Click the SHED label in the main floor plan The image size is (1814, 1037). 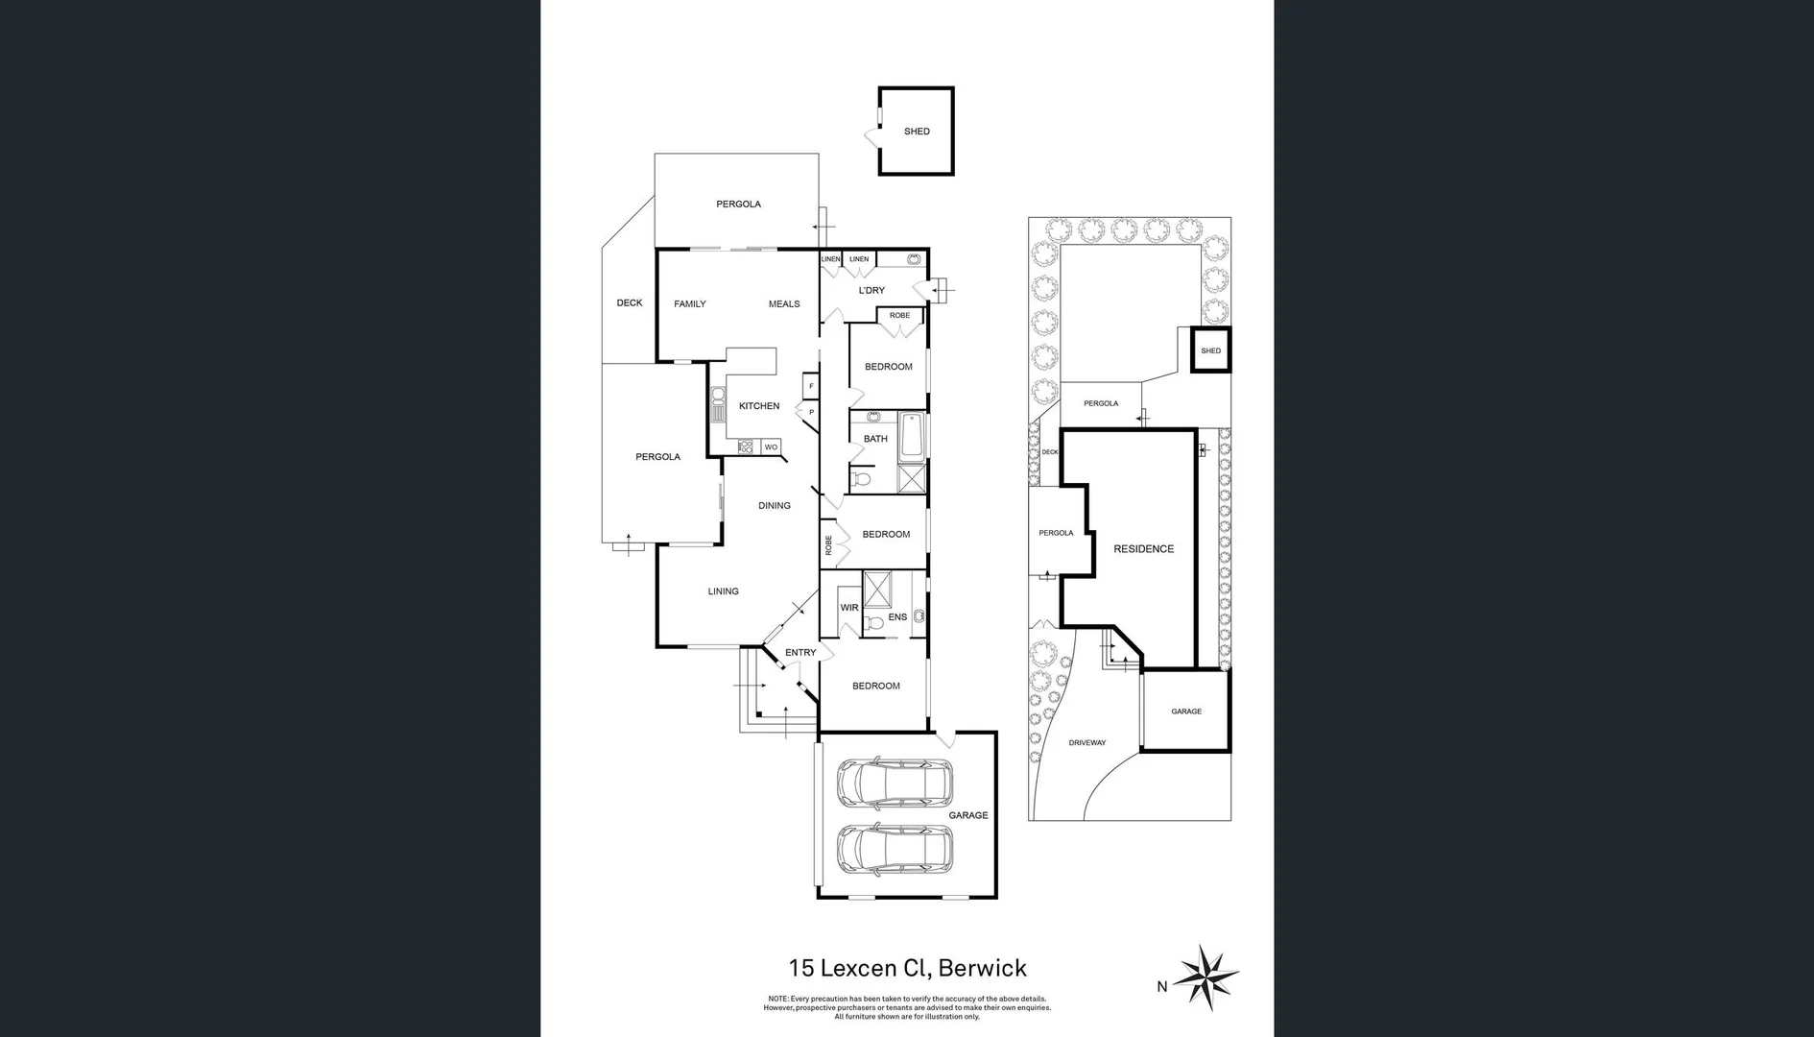917,132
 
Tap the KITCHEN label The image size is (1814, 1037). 759,406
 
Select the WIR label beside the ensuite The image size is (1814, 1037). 849,608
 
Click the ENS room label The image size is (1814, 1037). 897,617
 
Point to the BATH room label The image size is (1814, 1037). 875,439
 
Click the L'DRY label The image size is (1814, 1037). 871,290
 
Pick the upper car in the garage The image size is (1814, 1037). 895,784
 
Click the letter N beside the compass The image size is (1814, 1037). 1161,986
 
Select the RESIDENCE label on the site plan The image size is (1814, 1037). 1143,549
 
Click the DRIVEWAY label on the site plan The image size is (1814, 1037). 1087,742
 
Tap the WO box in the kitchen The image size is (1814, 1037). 771,447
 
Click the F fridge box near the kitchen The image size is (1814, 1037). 811,386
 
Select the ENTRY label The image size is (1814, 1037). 800,653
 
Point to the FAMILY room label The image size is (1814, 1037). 689,304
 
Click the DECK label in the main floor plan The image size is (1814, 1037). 630,302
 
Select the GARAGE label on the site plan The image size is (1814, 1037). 1186,711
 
